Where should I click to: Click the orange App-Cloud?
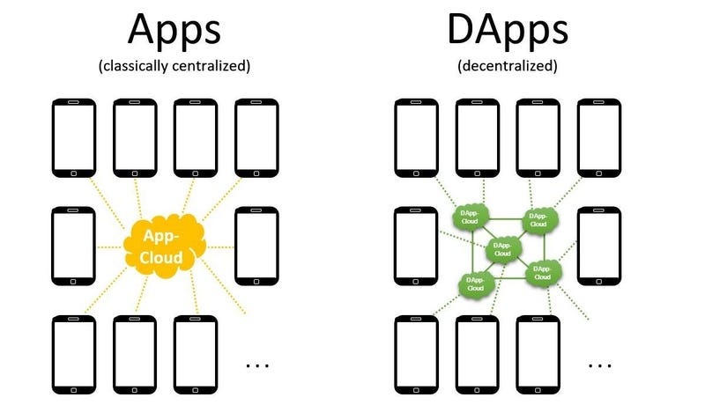coord(165,246)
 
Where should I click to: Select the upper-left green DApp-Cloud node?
coord(470,217)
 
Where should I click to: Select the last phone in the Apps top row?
coord(256,136)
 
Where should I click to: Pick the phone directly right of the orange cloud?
coord(256,246)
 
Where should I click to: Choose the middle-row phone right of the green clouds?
coord(600,246)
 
